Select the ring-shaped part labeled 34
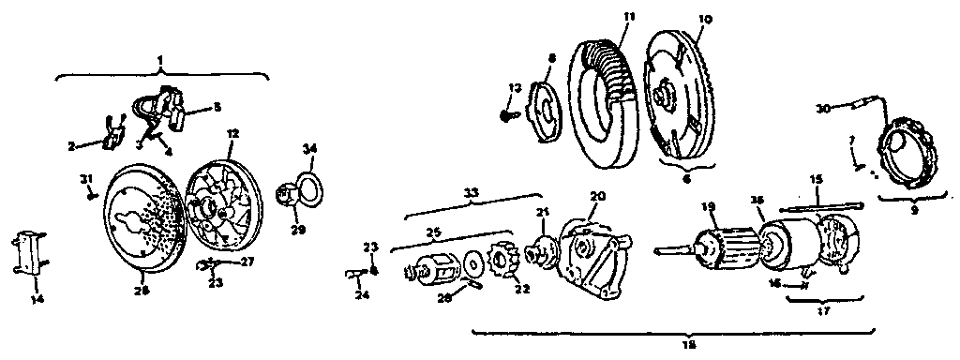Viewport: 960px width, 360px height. (305, 182)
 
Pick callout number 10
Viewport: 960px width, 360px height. (706, 19)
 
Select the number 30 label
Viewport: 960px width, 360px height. (822, 109)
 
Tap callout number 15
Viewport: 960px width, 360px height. (816, 177)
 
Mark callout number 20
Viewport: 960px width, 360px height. (596, 195)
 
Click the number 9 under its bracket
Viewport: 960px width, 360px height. (909, 210)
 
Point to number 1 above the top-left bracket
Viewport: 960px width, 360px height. (160, 60)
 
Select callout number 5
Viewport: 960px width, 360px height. (217, 108)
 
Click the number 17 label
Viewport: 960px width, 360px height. (823, 309)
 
